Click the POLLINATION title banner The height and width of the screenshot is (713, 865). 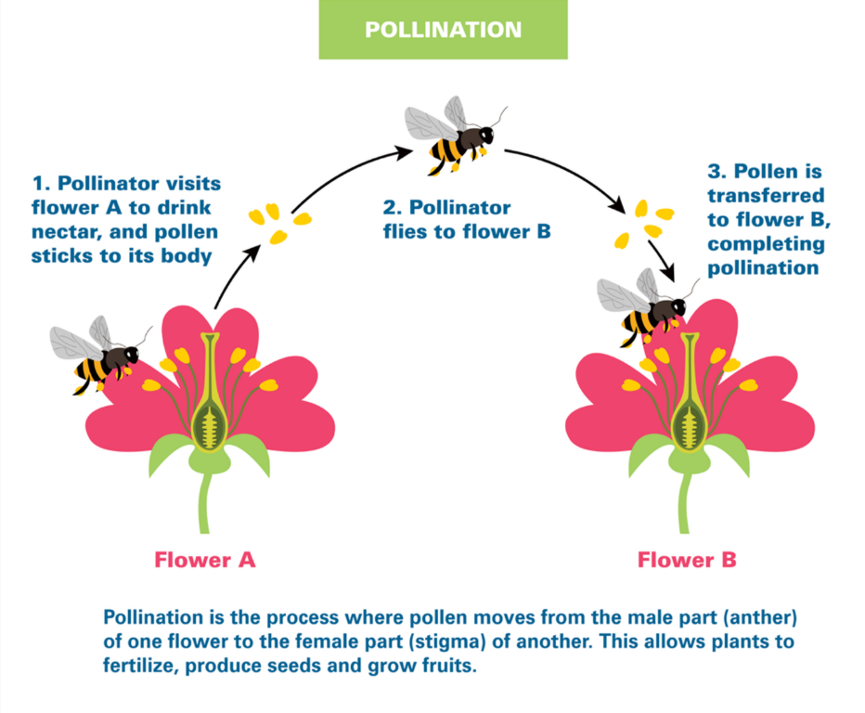(443, 30)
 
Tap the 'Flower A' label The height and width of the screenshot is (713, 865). (204, 560)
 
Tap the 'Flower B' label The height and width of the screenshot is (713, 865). (687, 560)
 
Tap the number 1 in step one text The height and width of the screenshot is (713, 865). (38, 184)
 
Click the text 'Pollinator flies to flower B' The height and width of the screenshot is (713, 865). (467, 219)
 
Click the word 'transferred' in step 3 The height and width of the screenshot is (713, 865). (766, 196)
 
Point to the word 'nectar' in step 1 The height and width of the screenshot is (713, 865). (63, 232)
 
